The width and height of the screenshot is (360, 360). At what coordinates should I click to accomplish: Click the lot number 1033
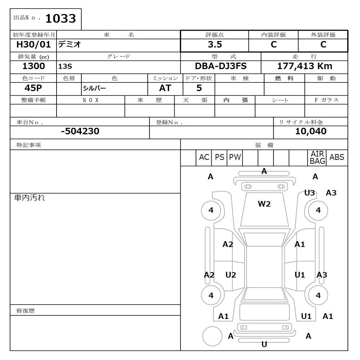coord(60,19)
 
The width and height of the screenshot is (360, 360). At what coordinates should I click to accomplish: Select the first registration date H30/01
coord(34,45)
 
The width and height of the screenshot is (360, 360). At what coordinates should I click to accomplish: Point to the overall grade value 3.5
coord(215,45)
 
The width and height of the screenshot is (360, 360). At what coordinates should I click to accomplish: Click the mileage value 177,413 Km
coord(305,66)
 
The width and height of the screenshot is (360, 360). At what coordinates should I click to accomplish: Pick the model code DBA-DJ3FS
coord(221,66)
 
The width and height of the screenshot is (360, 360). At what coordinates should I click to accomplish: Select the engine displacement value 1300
coord(34,66)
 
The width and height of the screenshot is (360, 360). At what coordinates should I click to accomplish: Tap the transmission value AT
coord(165,88)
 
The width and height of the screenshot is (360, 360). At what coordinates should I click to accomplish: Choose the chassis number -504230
coord(80,131)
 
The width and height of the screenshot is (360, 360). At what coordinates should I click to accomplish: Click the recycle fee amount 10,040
coord(311,131)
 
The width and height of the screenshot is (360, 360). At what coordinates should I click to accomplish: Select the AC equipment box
coord(204,157)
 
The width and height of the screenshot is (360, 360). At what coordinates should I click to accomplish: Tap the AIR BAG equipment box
coord(318,158)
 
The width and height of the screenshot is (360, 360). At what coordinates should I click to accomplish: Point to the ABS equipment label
coord(337,157)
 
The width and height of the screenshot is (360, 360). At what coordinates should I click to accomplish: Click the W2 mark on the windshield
coord(264,204)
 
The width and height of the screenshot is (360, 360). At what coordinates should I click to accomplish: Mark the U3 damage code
coord(310,193)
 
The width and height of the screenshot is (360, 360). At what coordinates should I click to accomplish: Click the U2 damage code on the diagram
coord(231,275)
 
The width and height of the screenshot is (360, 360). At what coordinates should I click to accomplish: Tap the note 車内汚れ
coord(30,198)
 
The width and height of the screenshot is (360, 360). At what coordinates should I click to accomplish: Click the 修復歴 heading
coord(26,310)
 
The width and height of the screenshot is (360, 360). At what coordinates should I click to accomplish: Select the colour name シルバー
coord(94,89)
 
